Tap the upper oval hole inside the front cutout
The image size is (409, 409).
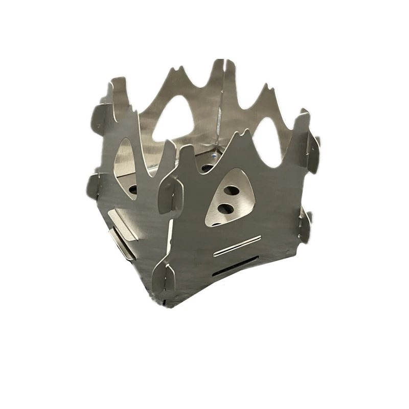click(x=231, y=190)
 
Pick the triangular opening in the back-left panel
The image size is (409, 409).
click(x=174, y=119)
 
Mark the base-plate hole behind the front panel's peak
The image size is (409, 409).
click(x=207, y=167)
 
